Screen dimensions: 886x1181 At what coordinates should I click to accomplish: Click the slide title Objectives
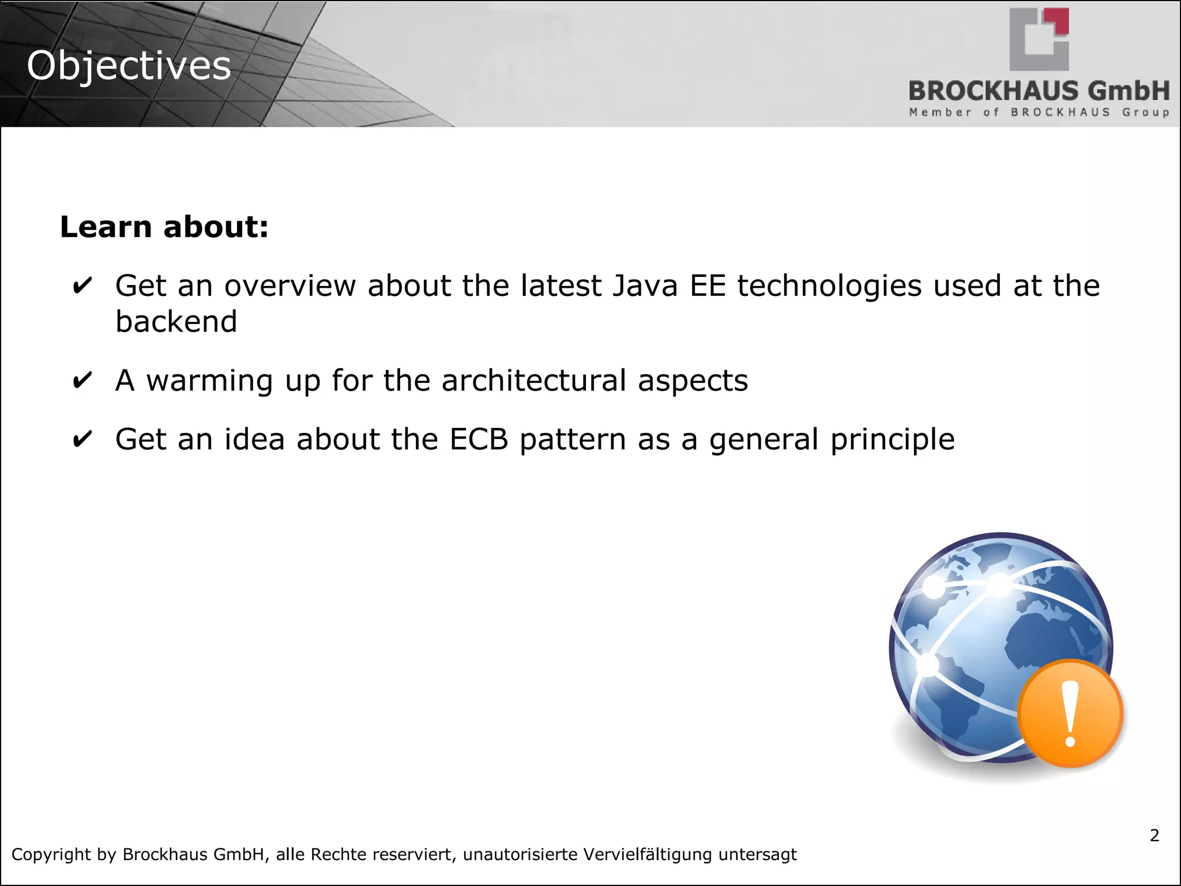129,66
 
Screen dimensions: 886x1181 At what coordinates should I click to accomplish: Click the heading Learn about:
164,227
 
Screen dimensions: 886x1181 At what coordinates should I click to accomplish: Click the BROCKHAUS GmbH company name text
1039,91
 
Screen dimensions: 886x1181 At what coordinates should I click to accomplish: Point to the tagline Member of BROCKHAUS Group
1039,112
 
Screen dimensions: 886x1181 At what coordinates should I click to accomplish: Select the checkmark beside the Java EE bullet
82,286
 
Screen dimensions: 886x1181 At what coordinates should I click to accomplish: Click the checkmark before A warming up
82,381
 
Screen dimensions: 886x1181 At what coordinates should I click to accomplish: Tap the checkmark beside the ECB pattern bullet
82,440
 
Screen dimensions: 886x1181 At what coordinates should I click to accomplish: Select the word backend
176,322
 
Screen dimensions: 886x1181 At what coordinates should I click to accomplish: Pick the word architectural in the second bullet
533,381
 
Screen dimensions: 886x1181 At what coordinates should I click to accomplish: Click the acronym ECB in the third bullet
479,440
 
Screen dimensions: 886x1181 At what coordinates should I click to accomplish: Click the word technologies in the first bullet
829,287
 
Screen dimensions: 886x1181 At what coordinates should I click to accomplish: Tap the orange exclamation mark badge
1070,714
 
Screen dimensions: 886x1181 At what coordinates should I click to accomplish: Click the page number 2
1154,835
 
